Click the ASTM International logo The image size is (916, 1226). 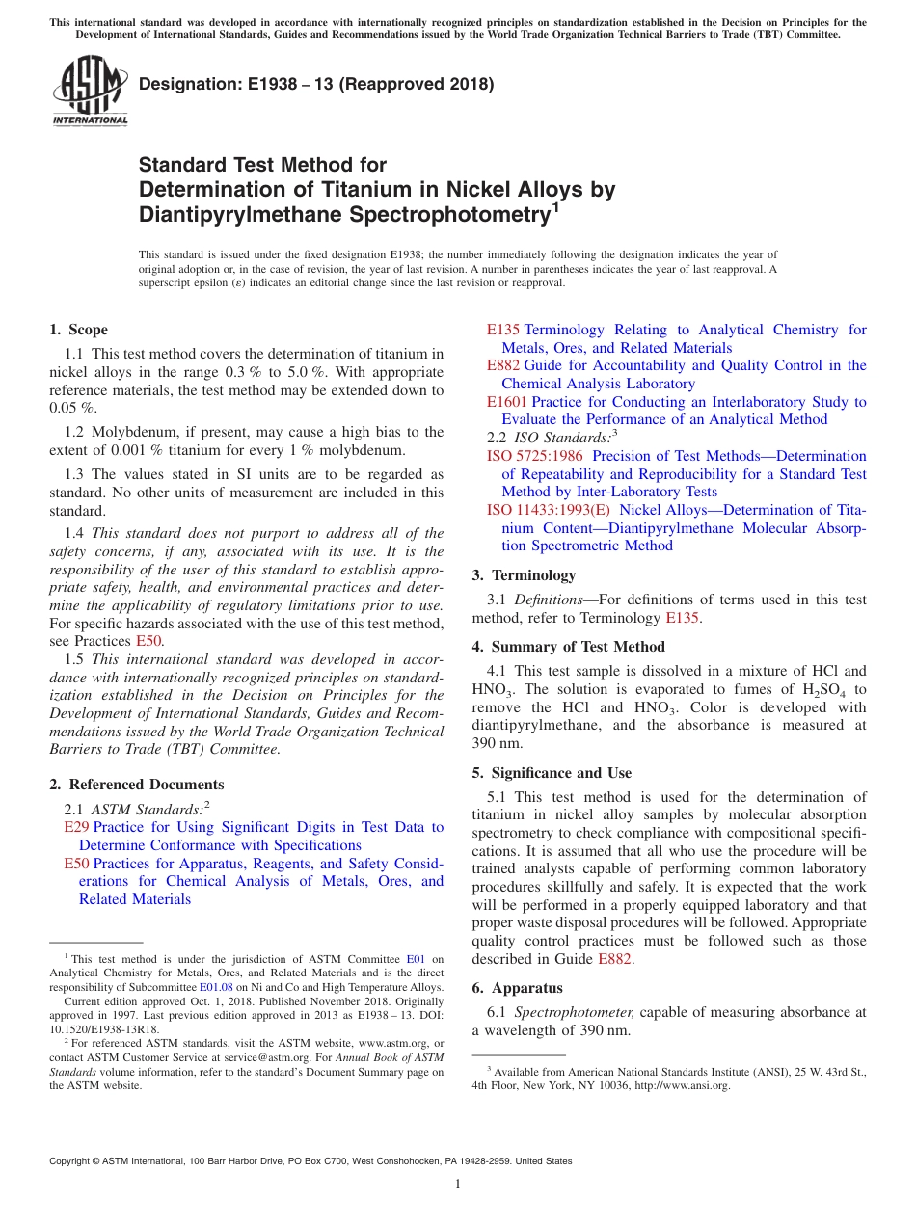[x=90, y=90]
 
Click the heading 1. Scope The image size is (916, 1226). [x=79, y=330]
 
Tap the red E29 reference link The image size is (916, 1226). [x=76, y=827]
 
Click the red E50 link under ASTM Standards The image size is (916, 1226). [x=76, y=863]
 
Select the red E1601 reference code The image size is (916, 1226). [x=506, y=402]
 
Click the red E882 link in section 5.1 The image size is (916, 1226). [x=615, y=959]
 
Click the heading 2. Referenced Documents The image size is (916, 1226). [x=137, y=785]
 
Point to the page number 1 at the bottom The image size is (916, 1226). [x=458, y=1184]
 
